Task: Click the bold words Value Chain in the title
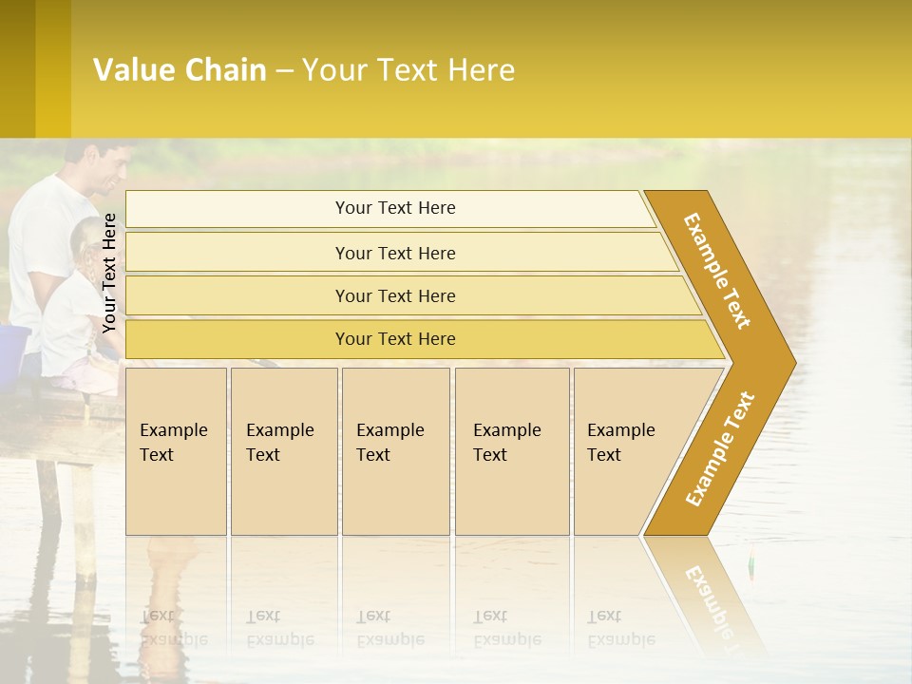(x=180, y=70)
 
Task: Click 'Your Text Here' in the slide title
(x=408, y=70)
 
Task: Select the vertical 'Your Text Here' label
(x=109, y=273)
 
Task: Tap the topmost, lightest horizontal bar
(x=395, y=208)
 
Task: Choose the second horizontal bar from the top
(x=395, y=253)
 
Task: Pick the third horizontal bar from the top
(x=395, y=295)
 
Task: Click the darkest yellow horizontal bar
(x=395, y=339)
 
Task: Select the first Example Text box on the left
(x=176, y=450)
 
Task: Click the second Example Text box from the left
(x=283, y=450)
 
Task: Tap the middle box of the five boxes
(x=395, y=450)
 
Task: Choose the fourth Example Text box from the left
(x=511, y=450)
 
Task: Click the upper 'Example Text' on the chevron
(x=717, y=271)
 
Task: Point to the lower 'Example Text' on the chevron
(x=719, y=449)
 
